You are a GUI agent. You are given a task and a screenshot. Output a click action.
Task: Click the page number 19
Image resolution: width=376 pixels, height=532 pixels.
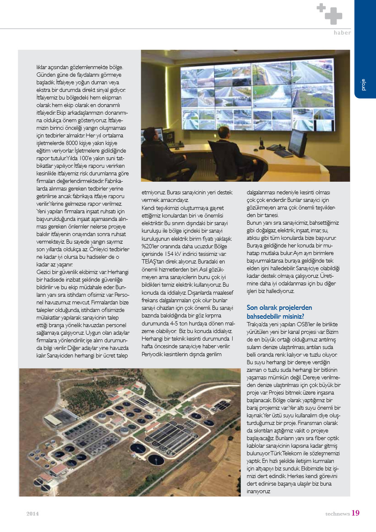(x=355, y=513)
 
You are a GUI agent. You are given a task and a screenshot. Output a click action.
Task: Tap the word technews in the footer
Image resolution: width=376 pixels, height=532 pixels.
(x=337, y=514)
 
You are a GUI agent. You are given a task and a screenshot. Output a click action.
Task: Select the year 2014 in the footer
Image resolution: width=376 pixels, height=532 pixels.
(x=32, y=514)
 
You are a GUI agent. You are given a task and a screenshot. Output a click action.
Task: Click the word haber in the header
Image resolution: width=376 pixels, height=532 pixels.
(x=342, y=32)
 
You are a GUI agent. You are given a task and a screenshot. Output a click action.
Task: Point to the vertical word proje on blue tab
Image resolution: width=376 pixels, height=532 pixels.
(x=363, y=84)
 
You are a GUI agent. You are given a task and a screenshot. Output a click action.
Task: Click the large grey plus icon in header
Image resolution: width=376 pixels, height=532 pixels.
(x=333, y=16)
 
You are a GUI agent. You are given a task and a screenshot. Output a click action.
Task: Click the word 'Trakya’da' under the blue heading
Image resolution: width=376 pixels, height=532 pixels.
(x=258, y=324)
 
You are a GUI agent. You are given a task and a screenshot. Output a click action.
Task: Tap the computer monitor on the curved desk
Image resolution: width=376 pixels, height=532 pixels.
(x=297, y=142)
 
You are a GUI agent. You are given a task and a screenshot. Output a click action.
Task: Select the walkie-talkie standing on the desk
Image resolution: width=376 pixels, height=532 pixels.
(x=261, y=142)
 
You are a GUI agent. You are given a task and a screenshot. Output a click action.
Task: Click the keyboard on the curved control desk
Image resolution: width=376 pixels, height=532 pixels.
(x=283, y=153)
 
